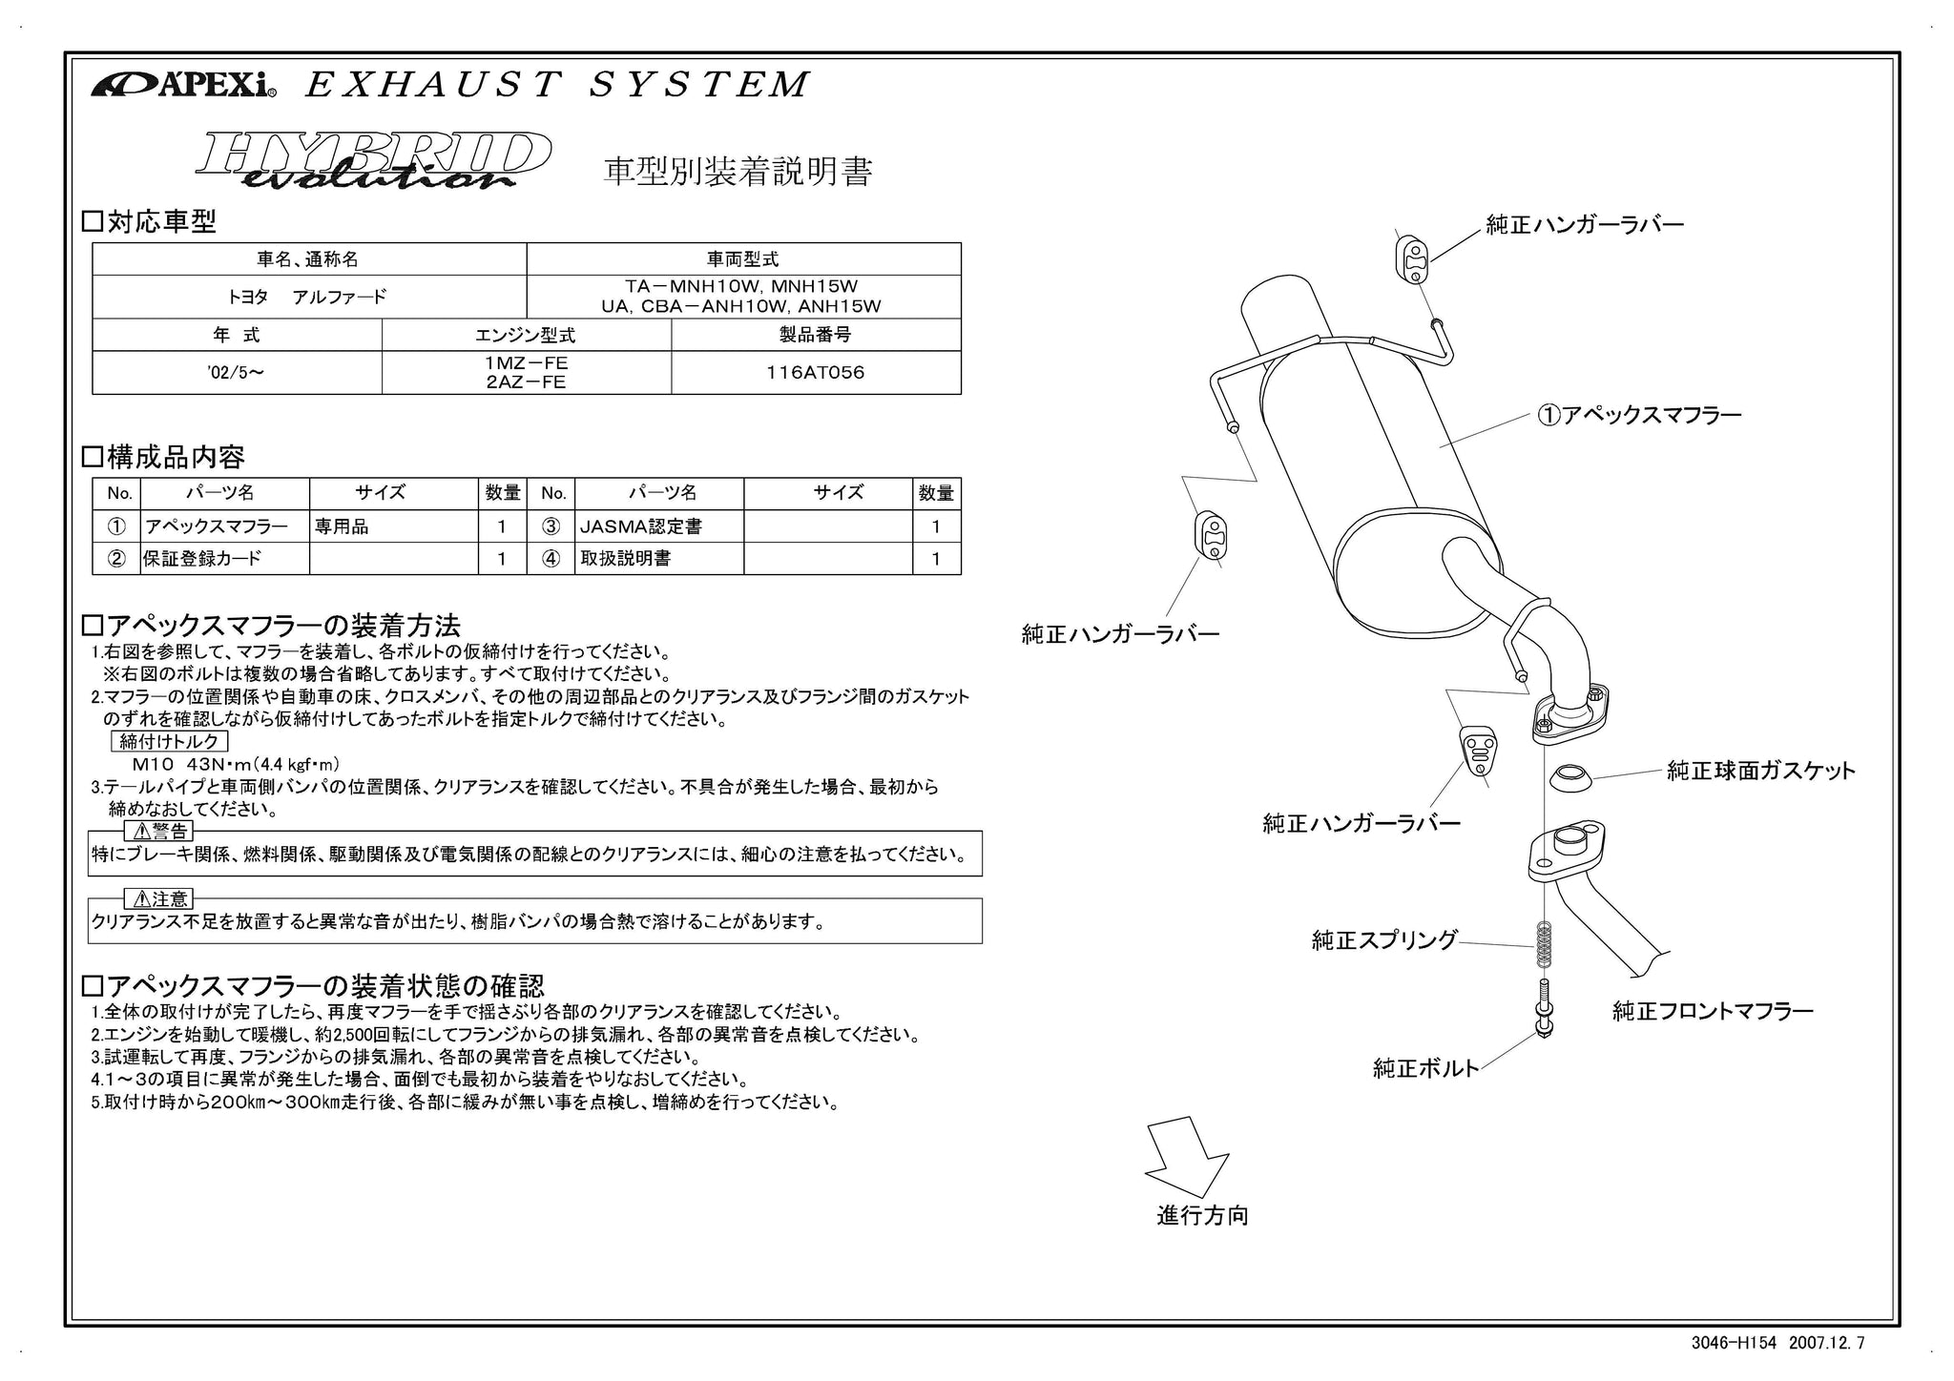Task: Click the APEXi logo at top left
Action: pos(183,85)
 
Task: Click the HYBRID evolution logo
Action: pos(373,160)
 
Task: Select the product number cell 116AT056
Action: pos(815,373)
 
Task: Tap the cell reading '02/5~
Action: pos(236,373)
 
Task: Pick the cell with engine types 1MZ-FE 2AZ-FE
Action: pos(526,373)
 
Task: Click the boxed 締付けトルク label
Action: pos(169,741)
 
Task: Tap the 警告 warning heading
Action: pos(159,832)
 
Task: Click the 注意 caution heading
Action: pos(159,898)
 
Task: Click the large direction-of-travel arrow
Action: pos(1187,1158)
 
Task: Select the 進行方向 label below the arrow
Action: pos(1202,1216)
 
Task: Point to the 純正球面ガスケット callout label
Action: pos(1760,771)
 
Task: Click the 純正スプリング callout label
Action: pos(1384,940)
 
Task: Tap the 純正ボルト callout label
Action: pos(1425,1068)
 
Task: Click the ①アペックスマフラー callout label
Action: pos(1639,415)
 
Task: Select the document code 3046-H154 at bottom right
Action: pos(1734,1343)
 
